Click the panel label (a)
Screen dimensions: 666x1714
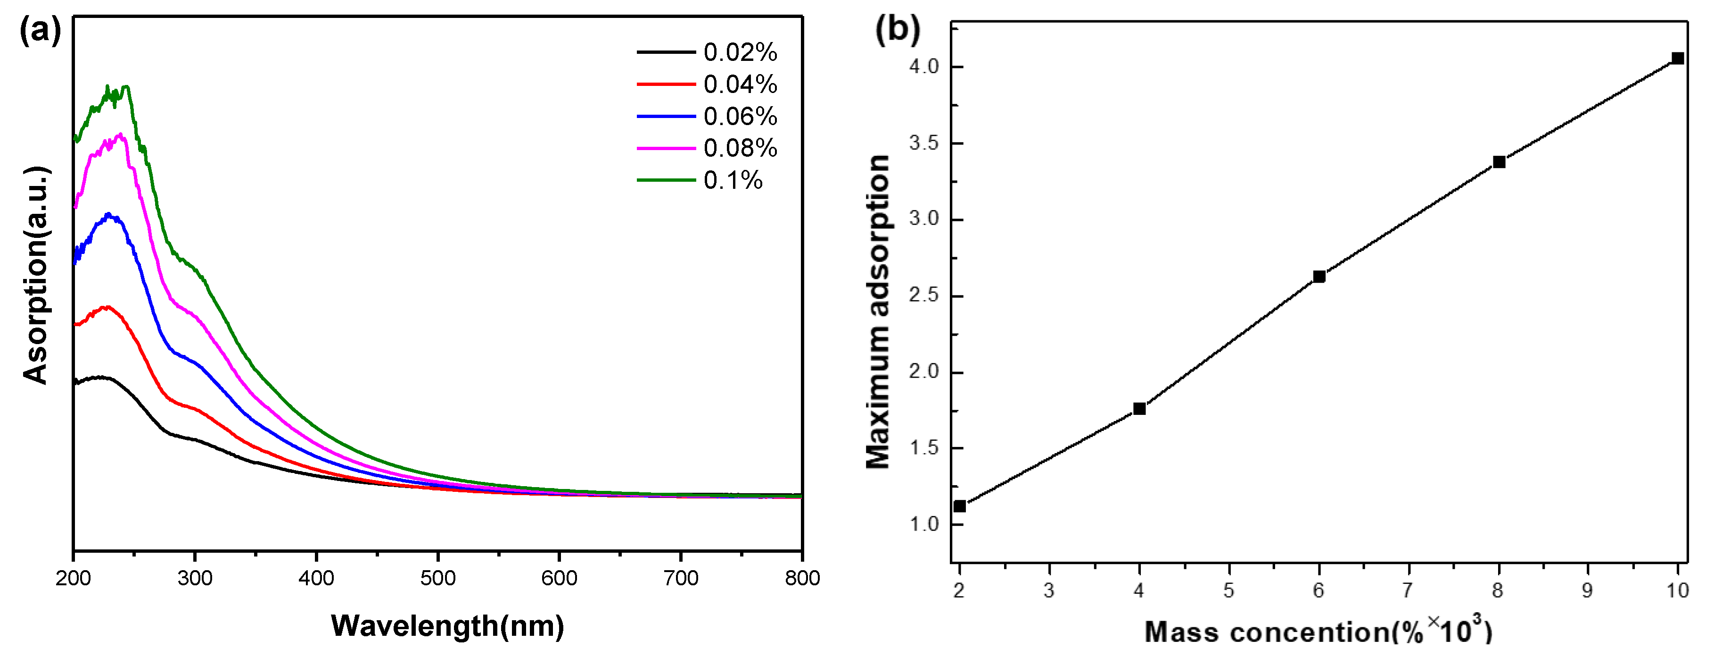(x=40, y=30)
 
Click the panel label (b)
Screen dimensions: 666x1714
(x=897, y=30)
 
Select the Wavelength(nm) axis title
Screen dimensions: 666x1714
(x=447, y=625)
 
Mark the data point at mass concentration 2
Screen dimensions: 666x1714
(x=959, y=506)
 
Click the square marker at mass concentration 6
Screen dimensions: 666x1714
(x=1319, y=277)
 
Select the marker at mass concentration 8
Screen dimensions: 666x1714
(x=1499, y=162)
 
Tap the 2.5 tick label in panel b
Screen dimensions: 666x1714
(x=923, y=295)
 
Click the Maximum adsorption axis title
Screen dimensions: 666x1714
(x=878, y=311)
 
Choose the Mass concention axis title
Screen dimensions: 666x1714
(x=1318, y=631)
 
